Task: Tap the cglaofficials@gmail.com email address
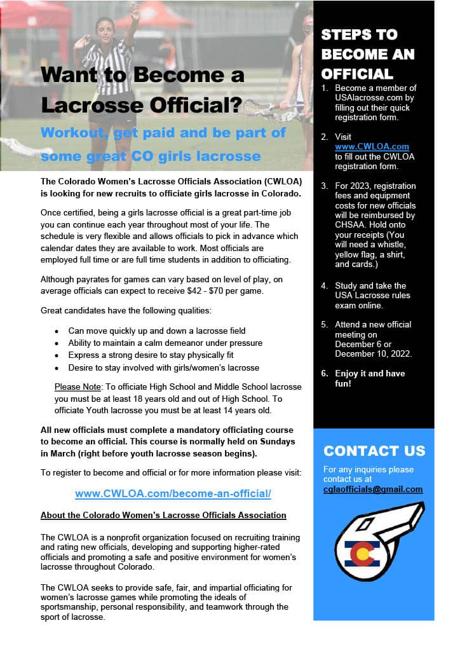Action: [373, 489]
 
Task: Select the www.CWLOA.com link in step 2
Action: [372, 147]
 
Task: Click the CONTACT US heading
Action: [374, 451]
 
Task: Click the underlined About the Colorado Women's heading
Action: [163, 515]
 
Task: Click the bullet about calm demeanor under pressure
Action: [165, 343]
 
